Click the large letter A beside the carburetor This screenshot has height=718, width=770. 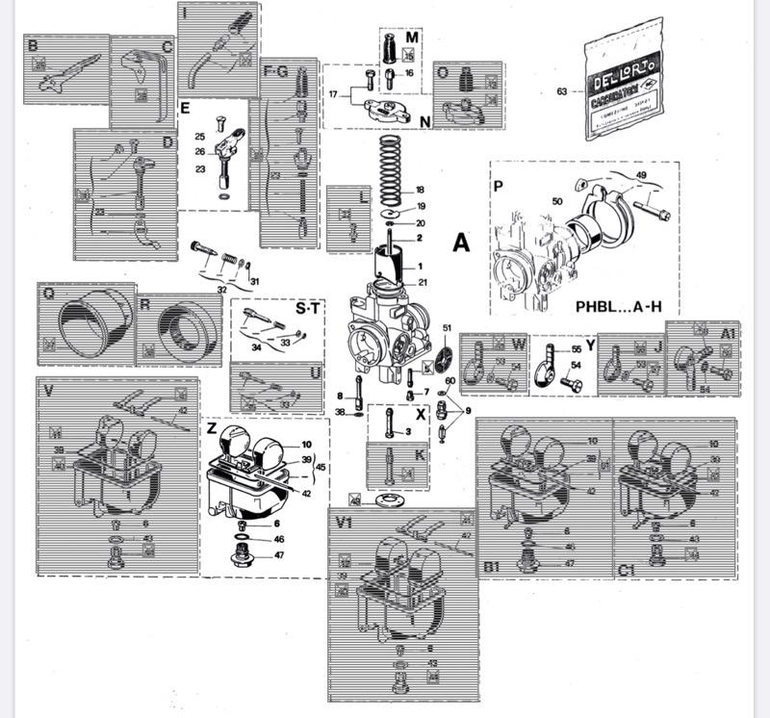click(460, 244)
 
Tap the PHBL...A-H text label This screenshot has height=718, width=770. click(619, 308)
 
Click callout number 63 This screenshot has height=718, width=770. click(563, 93)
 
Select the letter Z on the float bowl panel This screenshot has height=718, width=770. click(212, 426)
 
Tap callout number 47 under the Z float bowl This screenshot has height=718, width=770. click(280, 555)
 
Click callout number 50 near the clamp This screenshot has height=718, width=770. click(555, 201)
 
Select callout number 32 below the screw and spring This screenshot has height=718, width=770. click(221, 288)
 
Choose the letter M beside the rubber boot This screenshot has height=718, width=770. click(411, 38)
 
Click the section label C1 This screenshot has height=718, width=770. click(627, 570)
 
